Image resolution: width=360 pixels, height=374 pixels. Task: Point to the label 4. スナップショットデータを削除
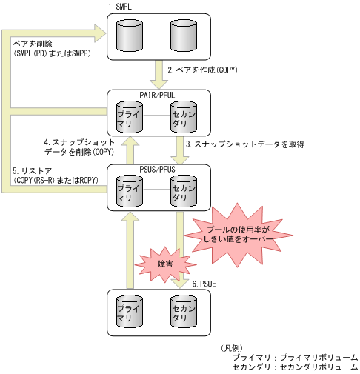(79, 145)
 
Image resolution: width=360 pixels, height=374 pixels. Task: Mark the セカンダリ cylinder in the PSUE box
(181, 313)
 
